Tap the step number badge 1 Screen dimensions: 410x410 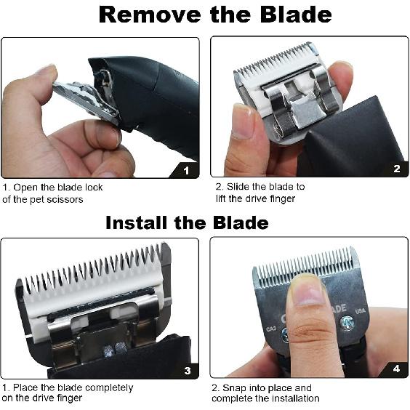click(187, 171)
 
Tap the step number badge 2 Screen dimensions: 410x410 click(396, 169)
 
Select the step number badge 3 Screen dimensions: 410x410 click(187, 371)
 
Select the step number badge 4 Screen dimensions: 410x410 click(396, 369)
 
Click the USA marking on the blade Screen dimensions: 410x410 click(358, 313)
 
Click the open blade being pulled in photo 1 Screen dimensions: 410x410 click(84, 102)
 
